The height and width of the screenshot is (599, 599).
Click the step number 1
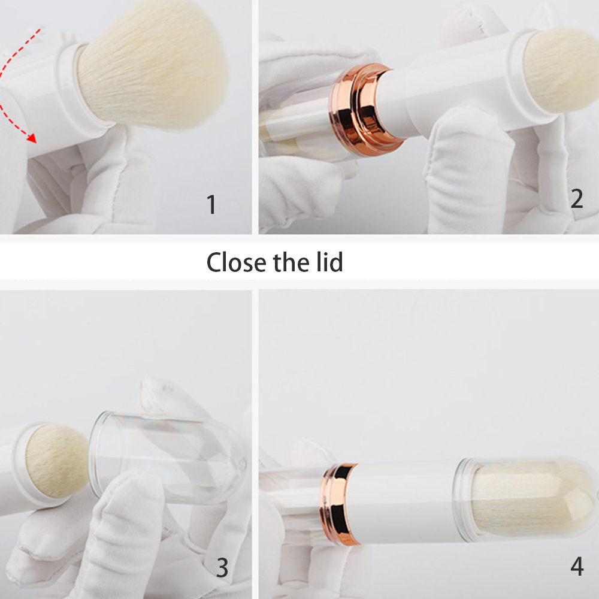211,205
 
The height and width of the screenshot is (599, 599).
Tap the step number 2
576,199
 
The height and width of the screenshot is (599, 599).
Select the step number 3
222,567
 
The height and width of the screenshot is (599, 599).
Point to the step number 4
576,566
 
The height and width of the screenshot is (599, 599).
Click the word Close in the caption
237,262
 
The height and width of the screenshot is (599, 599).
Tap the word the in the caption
292,262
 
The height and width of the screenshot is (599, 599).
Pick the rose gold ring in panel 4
340,503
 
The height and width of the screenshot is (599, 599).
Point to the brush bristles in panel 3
57,461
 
